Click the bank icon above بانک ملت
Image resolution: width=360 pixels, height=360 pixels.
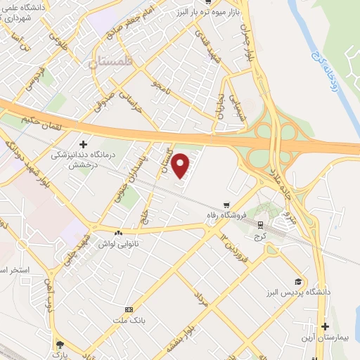(x=129, y=309)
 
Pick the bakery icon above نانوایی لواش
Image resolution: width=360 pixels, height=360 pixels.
(x=118, y=232)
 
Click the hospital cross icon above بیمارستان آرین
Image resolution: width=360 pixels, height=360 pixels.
(x=325, y=327)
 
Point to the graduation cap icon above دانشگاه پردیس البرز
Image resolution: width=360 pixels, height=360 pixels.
(x=299, y=281)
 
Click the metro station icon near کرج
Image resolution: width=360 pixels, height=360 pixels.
(x=261, y=225)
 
